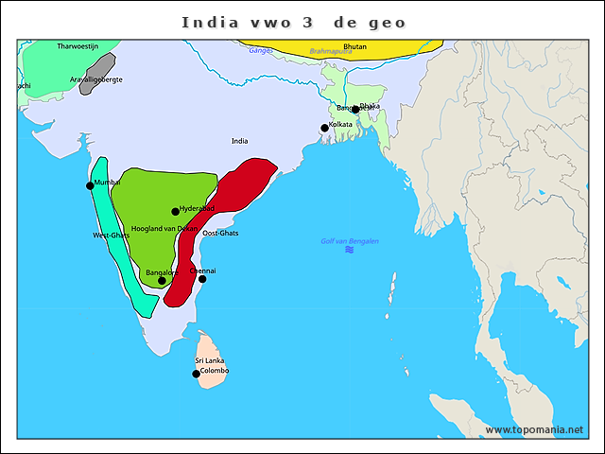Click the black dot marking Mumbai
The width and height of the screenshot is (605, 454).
[x=91, y=185]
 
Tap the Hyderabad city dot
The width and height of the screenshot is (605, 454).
[x=176, y=212]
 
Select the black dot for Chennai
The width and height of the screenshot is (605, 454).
[x=202, y=279]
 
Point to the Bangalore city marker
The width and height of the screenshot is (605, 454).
[x=162, y=280]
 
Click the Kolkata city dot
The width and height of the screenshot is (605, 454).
[x=324, y=128]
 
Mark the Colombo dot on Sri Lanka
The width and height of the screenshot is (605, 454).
[x=197, y=374]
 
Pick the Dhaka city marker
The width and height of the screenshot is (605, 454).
[x=355, y=110]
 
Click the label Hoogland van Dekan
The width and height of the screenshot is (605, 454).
[x=164, y=229]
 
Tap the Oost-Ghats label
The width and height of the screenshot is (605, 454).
[x=221, y=233]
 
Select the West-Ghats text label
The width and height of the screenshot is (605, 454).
[x=112, y=235]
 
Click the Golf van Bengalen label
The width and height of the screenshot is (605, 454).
[x=350, y=241]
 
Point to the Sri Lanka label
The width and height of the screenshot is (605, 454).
[x=209, y=360]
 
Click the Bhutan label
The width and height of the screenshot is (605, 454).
[x=355, y=45]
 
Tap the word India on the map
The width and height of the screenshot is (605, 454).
[x=239, y=141]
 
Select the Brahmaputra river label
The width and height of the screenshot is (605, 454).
[x=330, y=51]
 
